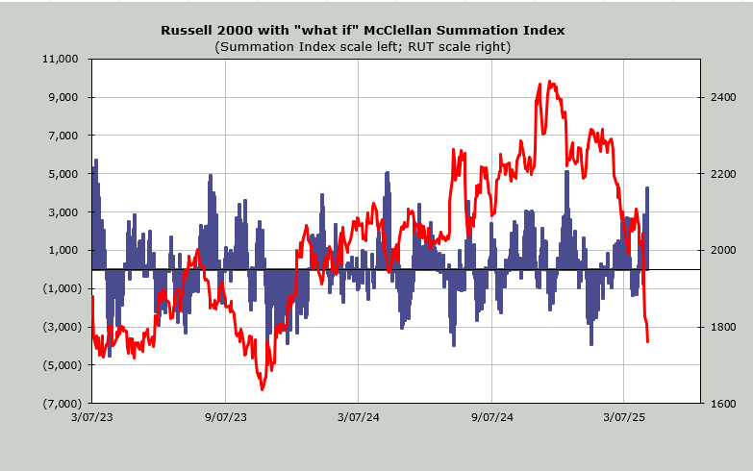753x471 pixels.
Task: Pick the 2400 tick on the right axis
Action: click(722, 97)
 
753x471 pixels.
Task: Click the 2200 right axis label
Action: click(722, 174)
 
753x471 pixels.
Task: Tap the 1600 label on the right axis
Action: click(722, 404)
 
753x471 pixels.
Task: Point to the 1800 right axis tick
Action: click(722, 327)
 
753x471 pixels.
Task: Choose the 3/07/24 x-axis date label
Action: click(358, 417)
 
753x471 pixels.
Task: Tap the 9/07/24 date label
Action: click(490, 417)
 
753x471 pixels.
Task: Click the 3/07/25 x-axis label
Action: click(623, 417)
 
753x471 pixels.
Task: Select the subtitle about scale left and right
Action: click(363, 46)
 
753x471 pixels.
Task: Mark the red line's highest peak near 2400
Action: click(550, 82)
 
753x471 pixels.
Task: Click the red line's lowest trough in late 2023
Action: click(263, 389)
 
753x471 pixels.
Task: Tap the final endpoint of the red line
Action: click(648, 341)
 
